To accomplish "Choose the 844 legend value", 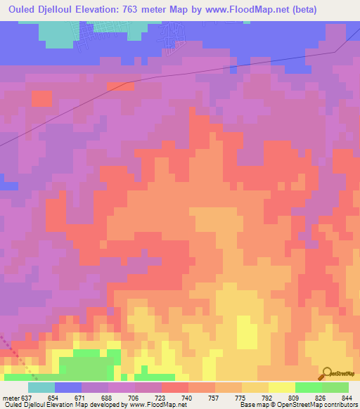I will pos(347,397).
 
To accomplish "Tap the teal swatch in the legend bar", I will pos(41,387).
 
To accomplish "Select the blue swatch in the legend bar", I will pos(68,387).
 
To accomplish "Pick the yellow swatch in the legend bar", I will pos(282,387).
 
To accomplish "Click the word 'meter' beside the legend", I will pos(10,397).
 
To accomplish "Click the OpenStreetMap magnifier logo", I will pos(326,374).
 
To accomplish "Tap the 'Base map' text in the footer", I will pos(254,405).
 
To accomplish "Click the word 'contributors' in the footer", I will pos(340,405).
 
